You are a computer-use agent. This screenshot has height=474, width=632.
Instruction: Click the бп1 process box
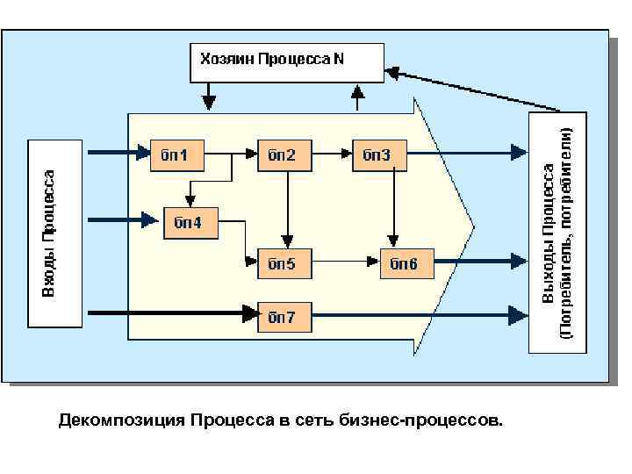(x=177, y=154)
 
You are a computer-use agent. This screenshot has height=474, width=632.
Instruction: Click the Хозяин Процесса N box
(x=287, y=61)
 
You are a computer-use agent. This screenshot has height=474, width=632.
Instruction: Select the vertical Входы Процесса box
(x=54, y=233)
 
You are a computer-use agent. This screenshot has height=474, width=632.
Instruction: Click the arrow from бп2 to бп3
(x=333, y=154)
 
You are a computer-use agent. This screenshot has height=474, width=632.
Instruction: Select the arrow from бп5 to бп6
(x=346, y=262)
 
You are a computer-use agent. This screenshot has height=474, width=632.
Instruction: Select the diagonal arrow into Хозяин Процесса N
(x=474, y=88)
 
